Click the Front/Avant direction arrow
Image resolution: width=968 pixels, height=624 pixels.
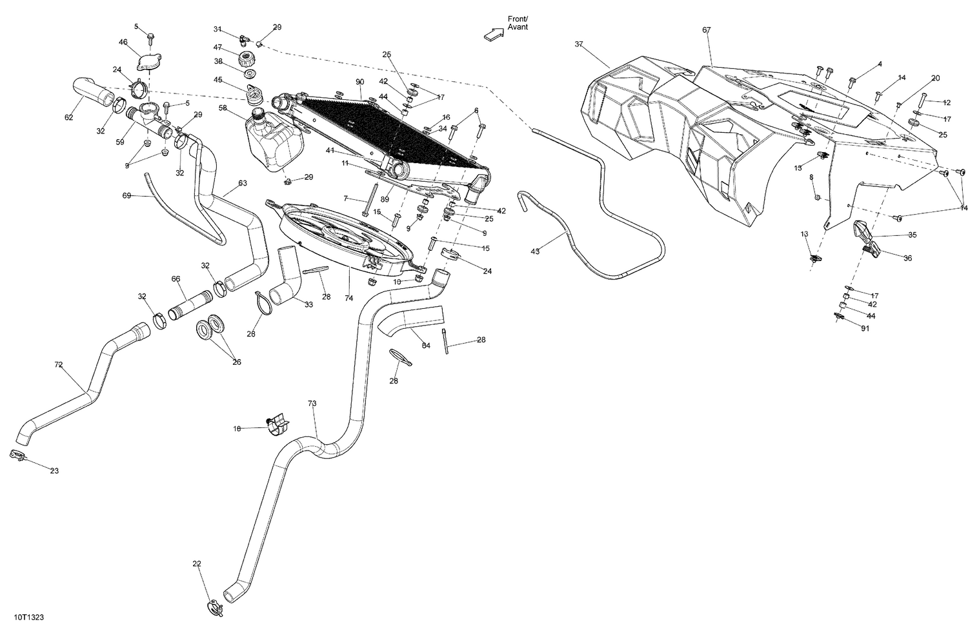point(494,34)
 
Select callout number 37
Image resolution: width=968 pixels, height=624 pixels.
point(578,44)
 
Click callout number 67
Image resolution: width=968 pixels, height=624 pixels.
point(706,30)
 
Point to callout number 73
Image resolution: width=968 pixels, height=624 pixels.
point(312,403)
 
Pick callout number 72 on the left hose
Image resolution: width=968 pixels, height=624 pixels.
point(59,365)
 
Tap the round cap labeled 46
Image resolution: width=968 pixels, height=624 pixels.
point(148,63)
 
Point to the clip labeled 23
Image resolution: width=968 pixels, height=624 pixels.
point(17,456)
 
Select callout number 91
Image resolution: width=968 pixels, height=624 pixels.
point(865,328)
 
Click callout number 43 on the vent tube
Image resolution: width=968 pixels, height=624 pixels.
point(535,251)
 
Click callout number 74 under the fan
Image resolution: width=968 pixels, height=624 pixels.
point(349,299)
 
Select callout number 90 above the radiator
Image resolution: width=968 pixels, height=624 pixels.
point(359,82)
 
